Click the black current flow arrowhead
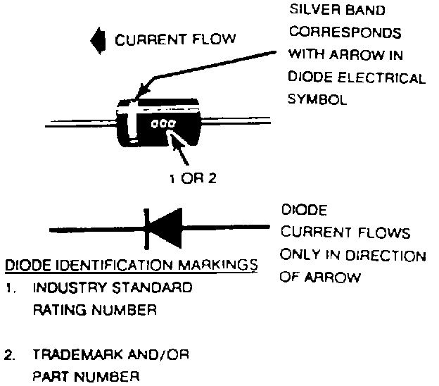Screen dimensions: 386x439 tap(95, 41)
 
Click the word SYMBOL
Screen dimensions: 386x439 tap(317, 100)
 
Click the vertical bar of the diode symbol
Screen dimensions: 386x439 tap(146, 228)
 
